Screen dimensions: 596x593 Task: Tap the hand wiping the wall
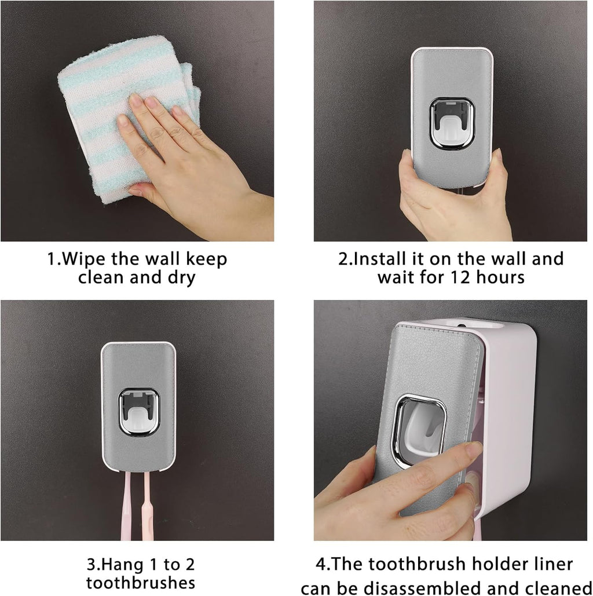pos(174,156)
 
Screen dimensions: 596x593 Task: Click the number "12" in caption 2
pos(456,277)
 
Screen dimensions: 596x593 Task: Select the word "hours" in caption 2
pos(497,277)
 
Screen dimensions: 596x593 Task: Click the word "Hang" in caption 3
pos(121,564)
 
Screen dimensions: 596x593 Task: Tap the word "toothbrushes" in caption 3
pos(140,582)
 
